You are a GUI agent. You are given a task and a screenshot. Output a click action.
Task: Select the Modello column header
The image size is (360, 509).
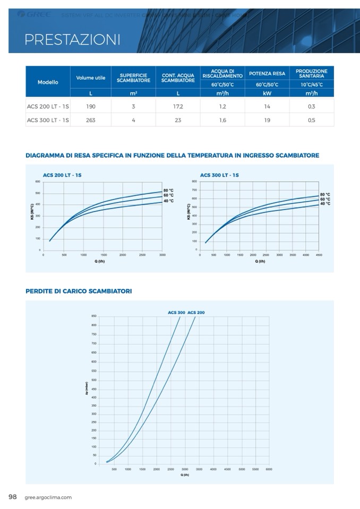point(48,82)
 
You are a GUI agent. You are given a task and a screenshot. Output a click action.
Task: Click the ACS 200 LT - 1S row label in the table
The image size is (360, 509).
point(48,106)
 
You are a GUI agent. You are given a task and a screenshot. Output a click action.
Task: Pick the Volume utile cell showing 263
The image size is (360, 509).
point(91,120)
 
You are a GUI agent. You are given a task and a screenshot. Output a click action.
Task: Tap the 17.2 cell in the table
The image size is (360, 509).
point(178,106)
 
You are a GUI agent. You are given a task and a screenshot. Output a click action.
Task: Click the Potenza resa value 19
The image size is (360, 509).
point(267,120)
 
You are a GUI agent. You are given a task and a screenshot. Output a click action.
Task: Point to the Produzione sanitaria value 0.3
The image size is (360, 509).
point(311,106)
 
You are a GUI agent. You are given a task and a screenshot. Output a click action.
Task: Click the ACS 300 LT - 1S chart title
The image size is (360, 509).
point(219,175)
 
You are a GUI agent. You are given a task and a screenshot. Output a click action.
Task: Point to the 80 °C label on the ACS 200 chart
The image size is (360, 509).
point(168,190)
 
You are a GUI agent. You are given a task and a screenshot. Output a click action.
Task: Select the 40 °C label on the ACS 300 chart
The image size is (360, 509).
point(325,203)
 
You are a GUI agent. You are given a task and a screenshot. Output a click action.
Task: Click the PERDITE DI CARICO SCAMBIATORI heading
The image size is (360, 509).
point(79,291)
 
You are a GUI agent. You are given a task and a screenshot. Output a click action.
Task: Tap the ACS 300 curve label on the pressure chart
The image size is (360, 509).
point(176,313)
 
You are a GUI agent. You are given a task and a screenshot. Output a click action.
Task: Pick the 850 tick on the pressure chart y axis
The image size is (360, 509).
point(94,316)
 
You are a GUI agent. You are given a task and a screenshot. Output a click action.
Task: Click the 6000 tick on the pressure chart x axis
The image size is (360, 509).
point(269,469)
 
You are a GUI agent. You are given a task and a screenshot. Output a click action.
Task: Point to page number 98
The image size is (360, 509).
point(13,497)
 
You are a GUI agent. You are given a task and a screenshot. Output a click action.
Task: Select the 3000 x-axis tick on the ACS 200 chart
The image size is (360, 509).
point(162,255)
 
